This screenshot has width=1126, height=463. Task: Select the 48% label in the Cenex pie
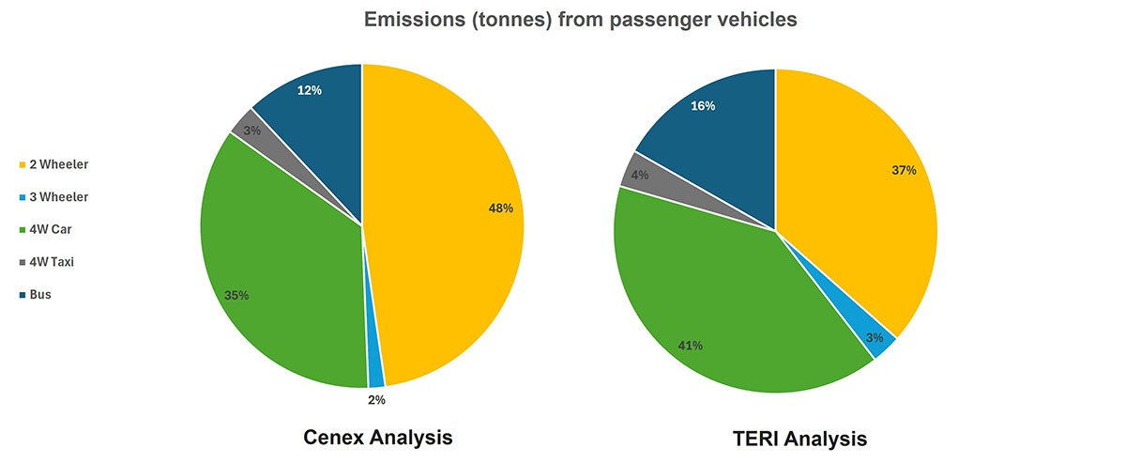point(500,208)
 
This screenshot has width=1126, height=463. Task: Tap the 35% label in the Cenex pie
point(236,295)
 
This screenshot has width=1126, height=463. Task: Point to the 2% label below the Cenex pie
point(376,399)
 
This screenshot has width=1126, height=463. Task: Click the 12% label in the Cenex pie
point(310,91)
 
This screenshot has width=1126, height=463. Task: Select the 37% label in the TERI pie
point(903,170)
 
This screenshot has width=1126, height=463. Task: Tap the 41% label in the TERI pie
point(690,346)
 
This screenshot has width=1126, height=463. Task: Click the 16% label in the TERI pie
point(703,106)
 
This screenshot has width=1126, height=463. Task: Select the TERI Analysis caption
point(798,439)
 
